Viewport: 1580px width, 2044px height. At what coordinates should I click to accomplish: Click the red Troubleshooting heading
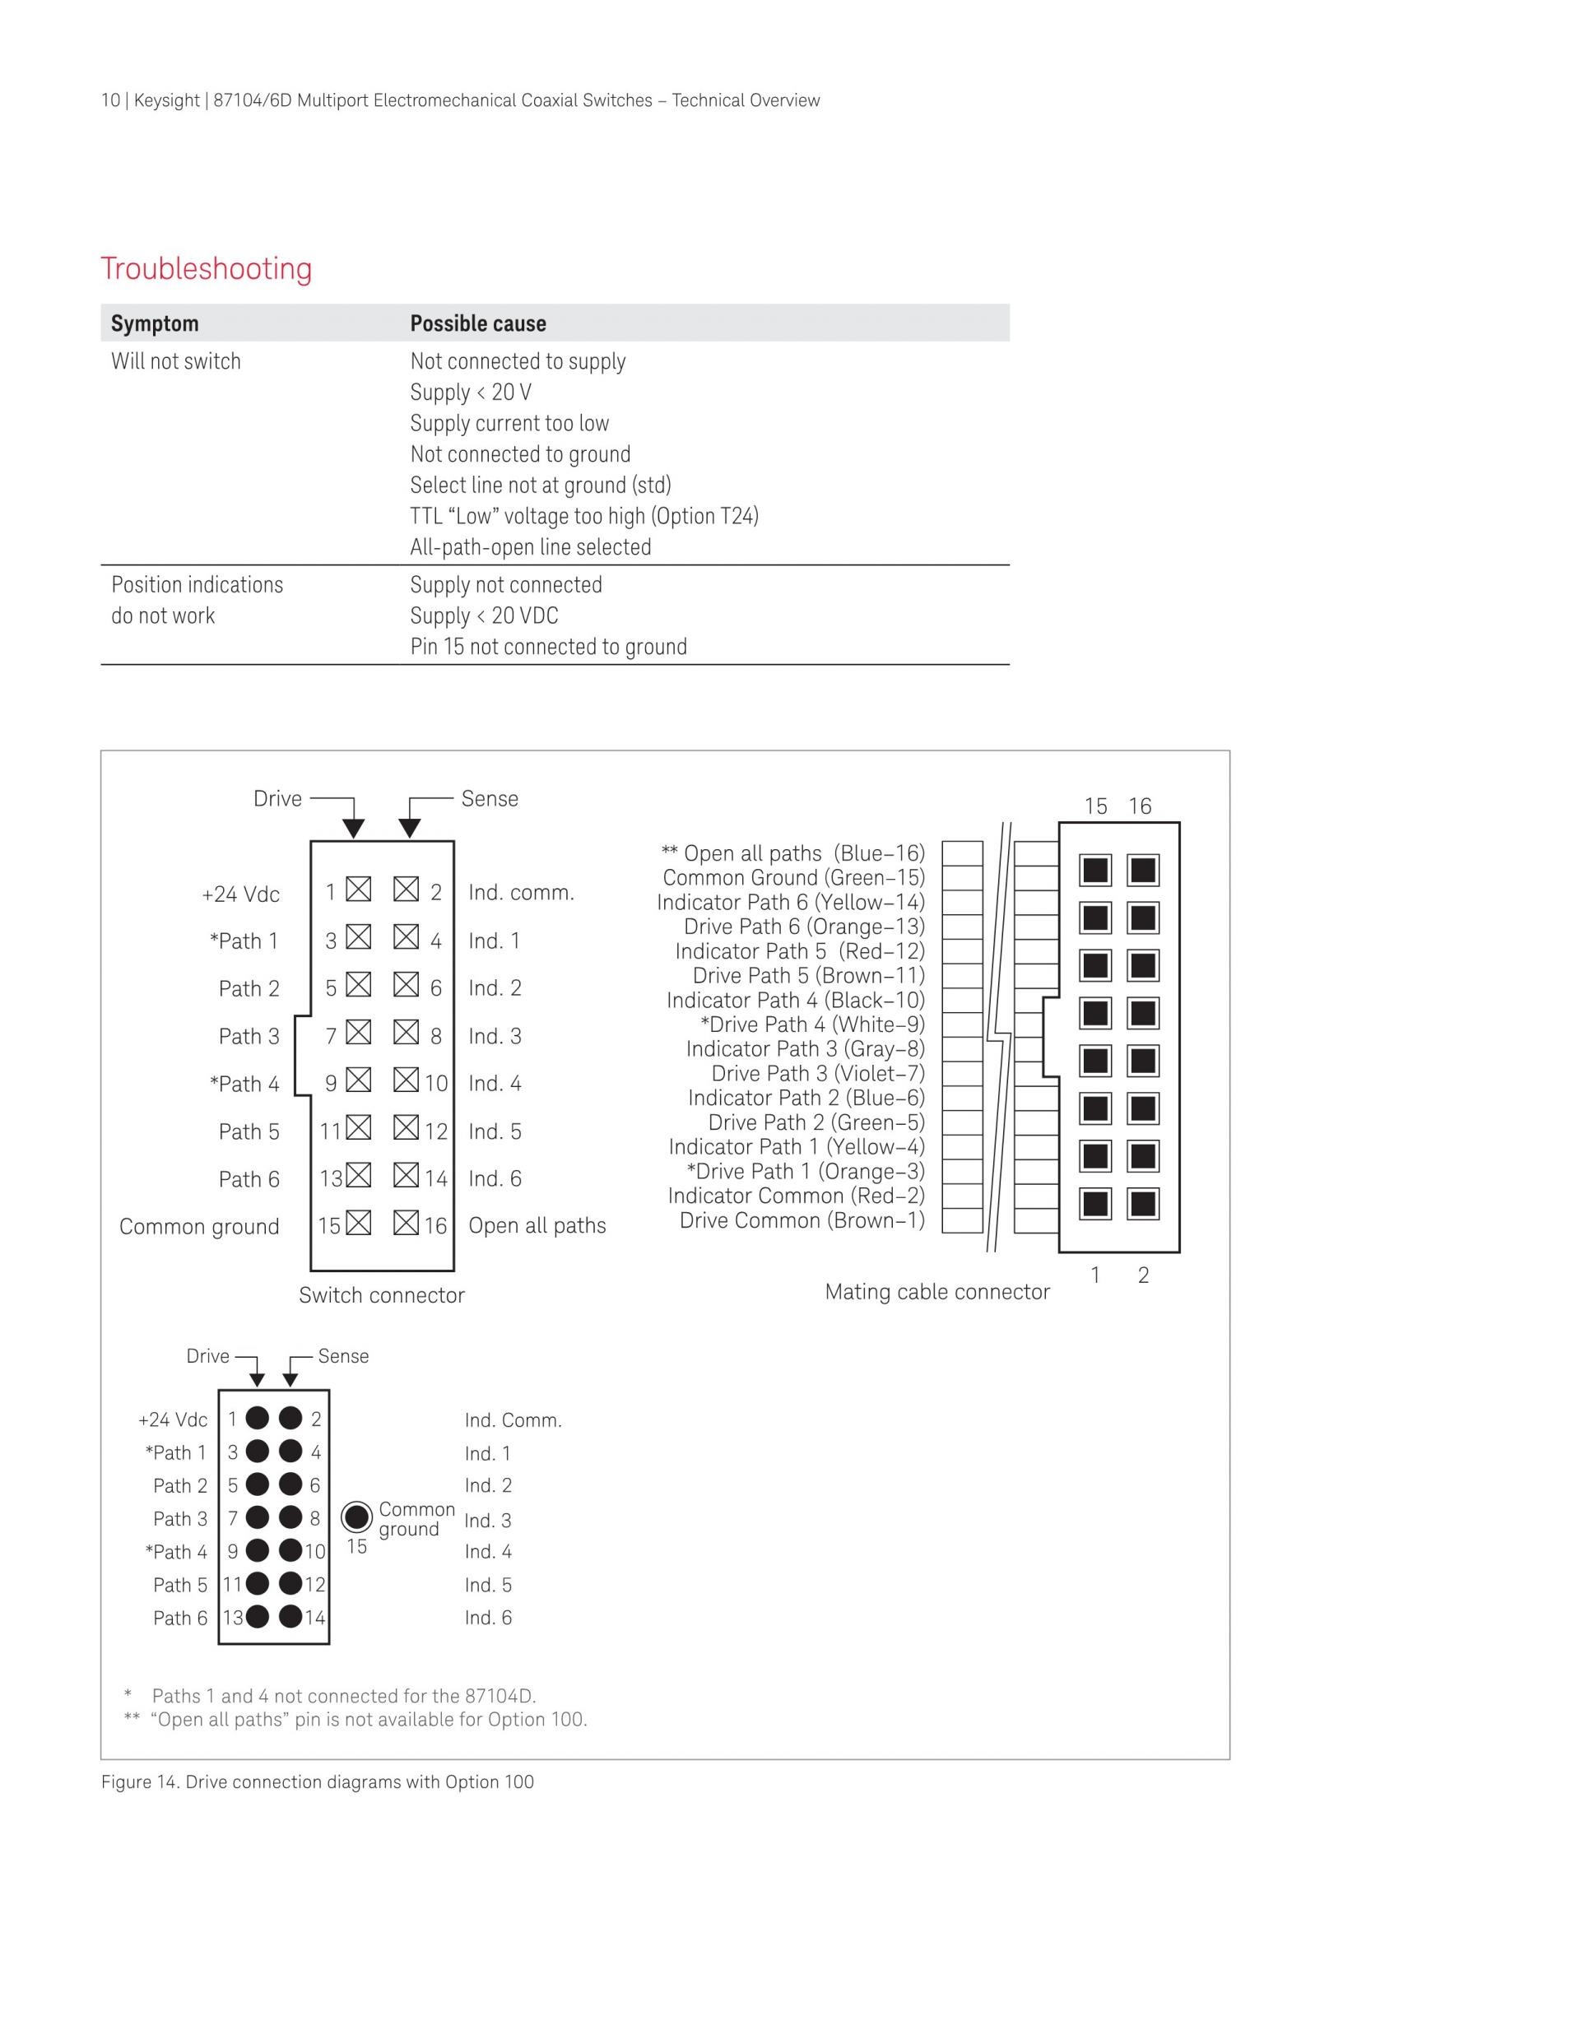(x=207, y=268)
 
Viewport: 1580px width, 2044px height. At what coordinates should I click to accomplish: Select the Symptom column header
(x=155, y=324)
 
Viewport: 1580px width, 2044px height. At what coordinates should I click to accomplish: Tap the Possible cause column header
(x=478, y=324)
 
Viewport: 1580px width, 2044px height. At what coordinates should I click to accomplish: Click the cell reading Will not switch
(x=176, y=361)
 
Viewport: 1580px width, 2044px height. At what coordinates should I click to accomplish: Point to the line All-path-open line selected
(x=531, y=547)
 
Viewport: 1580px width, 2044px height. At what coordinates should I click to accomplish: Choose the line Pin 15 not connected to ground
(x=549, y=647)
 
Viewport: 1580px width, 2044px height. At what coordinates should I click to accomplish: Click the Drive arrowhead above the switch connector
(x=353, y=829)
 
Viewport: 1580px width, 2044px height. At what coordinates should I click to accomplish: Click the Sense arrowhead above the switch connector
(x=409, y=829)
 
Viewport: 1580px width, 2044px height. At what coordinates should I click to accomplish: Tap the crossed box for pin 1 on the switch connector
(x=359, y=889)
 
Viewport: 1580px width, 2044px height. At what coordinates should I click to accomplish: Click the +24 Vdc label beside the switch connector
(x=240, y=894)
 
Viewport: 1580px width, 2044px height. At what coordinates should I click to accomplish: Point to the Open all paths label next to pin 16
(x=537, y=1226)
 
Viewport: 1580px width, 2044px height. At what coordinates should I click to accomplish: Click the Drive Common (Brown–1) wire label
(x=802, y=1220)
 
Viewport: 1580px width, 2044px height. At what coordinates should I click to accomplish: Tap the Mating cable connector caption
(x=937, y=1293)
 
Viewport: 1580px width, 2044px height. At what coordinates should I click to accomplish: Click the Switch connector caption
(x=382, y=1295)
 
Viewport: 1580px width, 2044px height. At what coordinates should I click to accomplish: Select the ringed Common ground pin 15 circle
(x=356, y=1517)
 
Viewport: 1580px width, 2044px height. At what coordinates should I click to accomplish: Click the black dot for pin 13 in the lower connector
(x=258, y=1616)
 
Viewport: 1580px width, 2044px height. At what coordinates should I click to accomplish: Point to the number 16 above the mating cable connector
(x=1140, y=806)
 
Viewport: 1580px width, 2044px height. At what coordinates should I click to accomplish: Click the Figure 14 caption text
(x=318, y=1782)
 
